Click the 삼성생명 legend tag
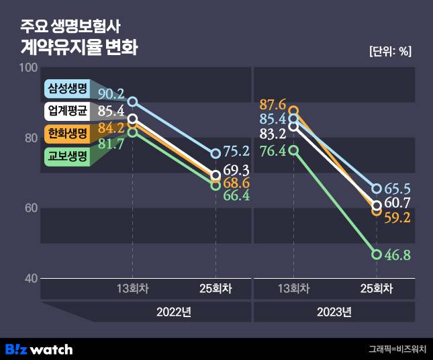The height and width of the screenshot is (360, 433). coord(67,89)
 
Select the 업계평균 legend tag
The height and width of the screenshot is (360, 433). coord(67,111)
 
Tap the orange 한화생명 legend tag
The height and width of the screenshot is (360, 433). coord(67,133)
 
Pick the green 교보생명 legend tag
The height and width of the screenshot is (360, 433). coord(67,156)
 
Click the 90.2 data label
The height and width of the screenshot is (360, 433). coord(110,94)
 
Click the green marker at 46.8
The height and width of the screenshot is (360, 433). coord(377,255)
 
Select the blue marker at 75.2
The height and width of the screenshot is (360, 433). coord(215,154)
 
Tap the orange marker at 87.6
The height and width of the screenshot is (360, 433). coord(293,111)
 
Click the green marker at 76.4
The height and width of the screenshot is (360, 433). coord(293,150)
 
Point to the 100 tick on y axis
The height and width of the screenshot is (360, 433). coord(28,68)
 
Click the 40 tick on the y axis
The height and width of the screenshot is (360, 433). coord(31,278)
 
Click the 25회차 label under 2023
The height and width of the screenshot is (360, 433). coord(377,289)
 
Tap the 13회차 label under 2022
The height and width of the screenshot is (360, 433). coord(133,289)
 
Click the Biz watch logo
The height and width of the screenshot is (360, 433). coord(39,349)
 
